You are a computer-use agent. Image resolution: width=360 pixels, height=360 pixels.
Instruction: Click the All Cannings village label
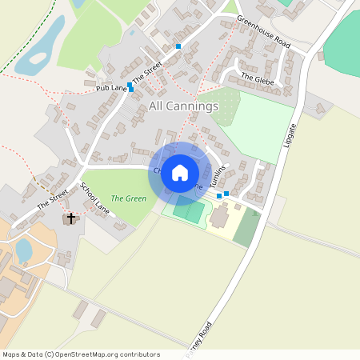coord(183,106)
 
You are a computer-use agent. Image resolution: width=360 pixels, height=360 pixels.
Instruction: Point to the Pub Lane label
coord(111,86)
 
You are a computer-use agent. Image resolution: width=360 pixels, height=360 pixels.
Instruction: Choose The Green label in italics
coord(128,198)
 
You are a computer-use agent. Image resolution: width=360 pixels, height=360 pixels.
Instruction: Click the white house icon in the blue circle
coord(180,172)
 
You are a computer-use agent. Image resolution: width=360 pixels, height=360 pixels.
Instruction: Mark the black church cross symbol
coord(70,218)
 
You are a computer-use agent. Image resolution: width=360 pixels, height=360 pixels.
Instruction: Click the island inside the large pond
coord(38,58)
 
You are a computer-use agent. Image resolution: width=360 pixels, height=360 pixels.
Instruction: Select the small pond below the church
coord(24,250)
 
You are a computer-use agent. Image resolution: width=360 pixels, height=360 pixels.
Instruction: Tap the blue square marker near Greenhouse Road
coord(178,46)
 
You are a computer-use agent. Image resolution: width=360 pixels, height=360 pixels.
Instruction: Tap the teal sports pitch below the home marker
coord(190,210)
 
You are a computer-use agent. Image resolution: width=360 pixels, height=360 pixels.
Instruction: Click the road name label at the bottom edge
coord(200,338)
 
